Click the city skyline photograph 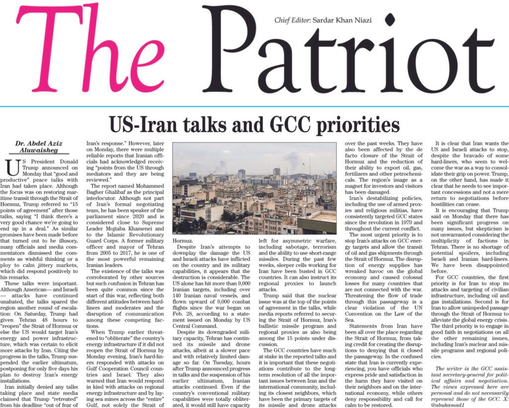click(254, 189)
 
